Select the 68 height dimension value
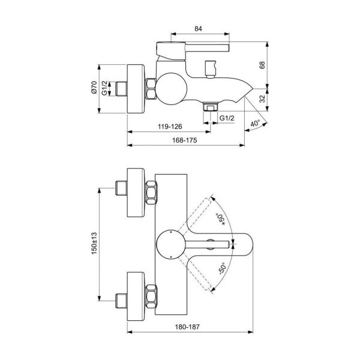click(x=262, y=65)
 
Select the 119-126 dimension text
click(x=169, y=127)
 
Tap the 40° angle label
click(x=254, y=124)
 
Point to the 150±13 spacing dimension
click(x=94, y=242)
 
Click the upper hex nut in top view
click(x=151, y=193)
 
